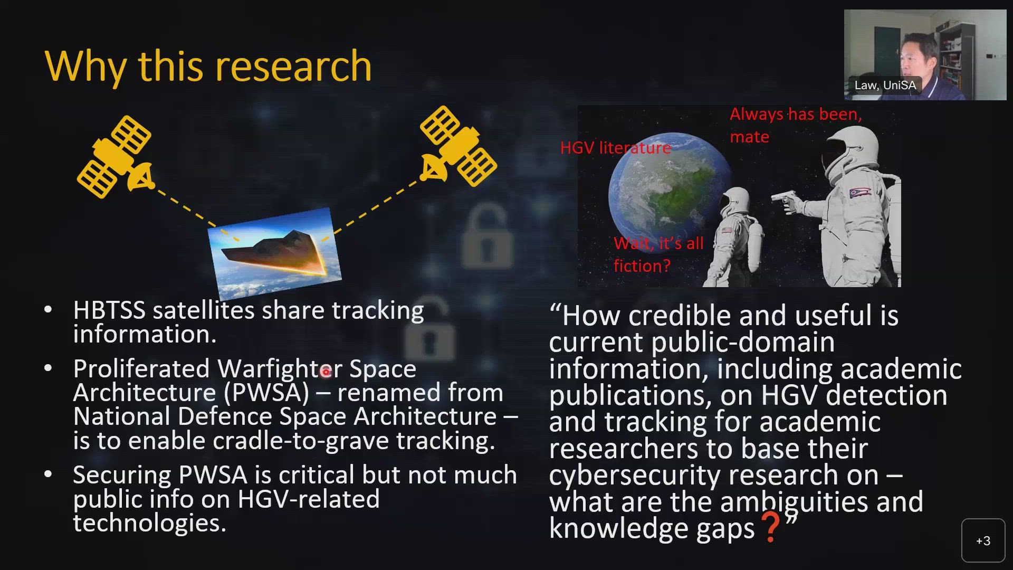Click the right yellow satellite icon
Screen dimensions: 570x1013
pos(458,147)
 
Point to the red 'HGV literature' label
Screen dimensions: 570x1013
pos(615,148)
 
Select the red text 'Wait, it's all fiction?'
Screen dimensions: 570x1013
pos(657,254)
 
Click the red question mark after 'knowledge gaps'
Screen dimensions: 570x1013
pos(770,527)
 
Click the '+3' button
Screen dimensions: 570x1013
pos(982,540)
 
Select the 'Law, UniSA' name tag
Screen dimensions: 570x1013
pos(885,85)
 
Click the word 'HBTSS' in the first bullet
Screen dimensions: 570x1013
pos(109,310)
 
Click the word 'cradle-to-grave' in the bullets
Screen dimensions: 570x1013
pos(301,441)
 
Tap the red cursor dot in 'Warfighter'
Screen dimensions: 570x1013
pos(326,372)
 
